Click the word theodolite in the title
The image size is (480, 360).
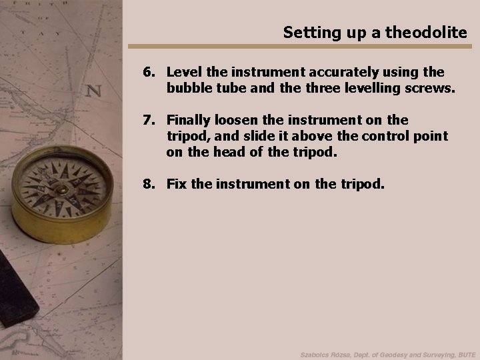[x=433, y=32]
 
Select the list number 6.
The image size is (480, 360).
[x=148, y=71]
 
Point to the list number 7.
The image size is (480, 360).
[x=148, y=120]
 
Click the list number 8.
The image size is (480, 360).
[x=148, y=183]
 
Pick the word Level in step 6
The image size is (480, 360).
[x=181, y=71]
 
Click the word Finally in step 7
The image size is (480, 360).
[x=189, y=120]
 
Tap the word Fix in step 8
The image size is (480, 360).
[x=177, y=183]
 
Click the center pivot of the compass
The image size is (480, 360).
[x=61, y=189]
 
